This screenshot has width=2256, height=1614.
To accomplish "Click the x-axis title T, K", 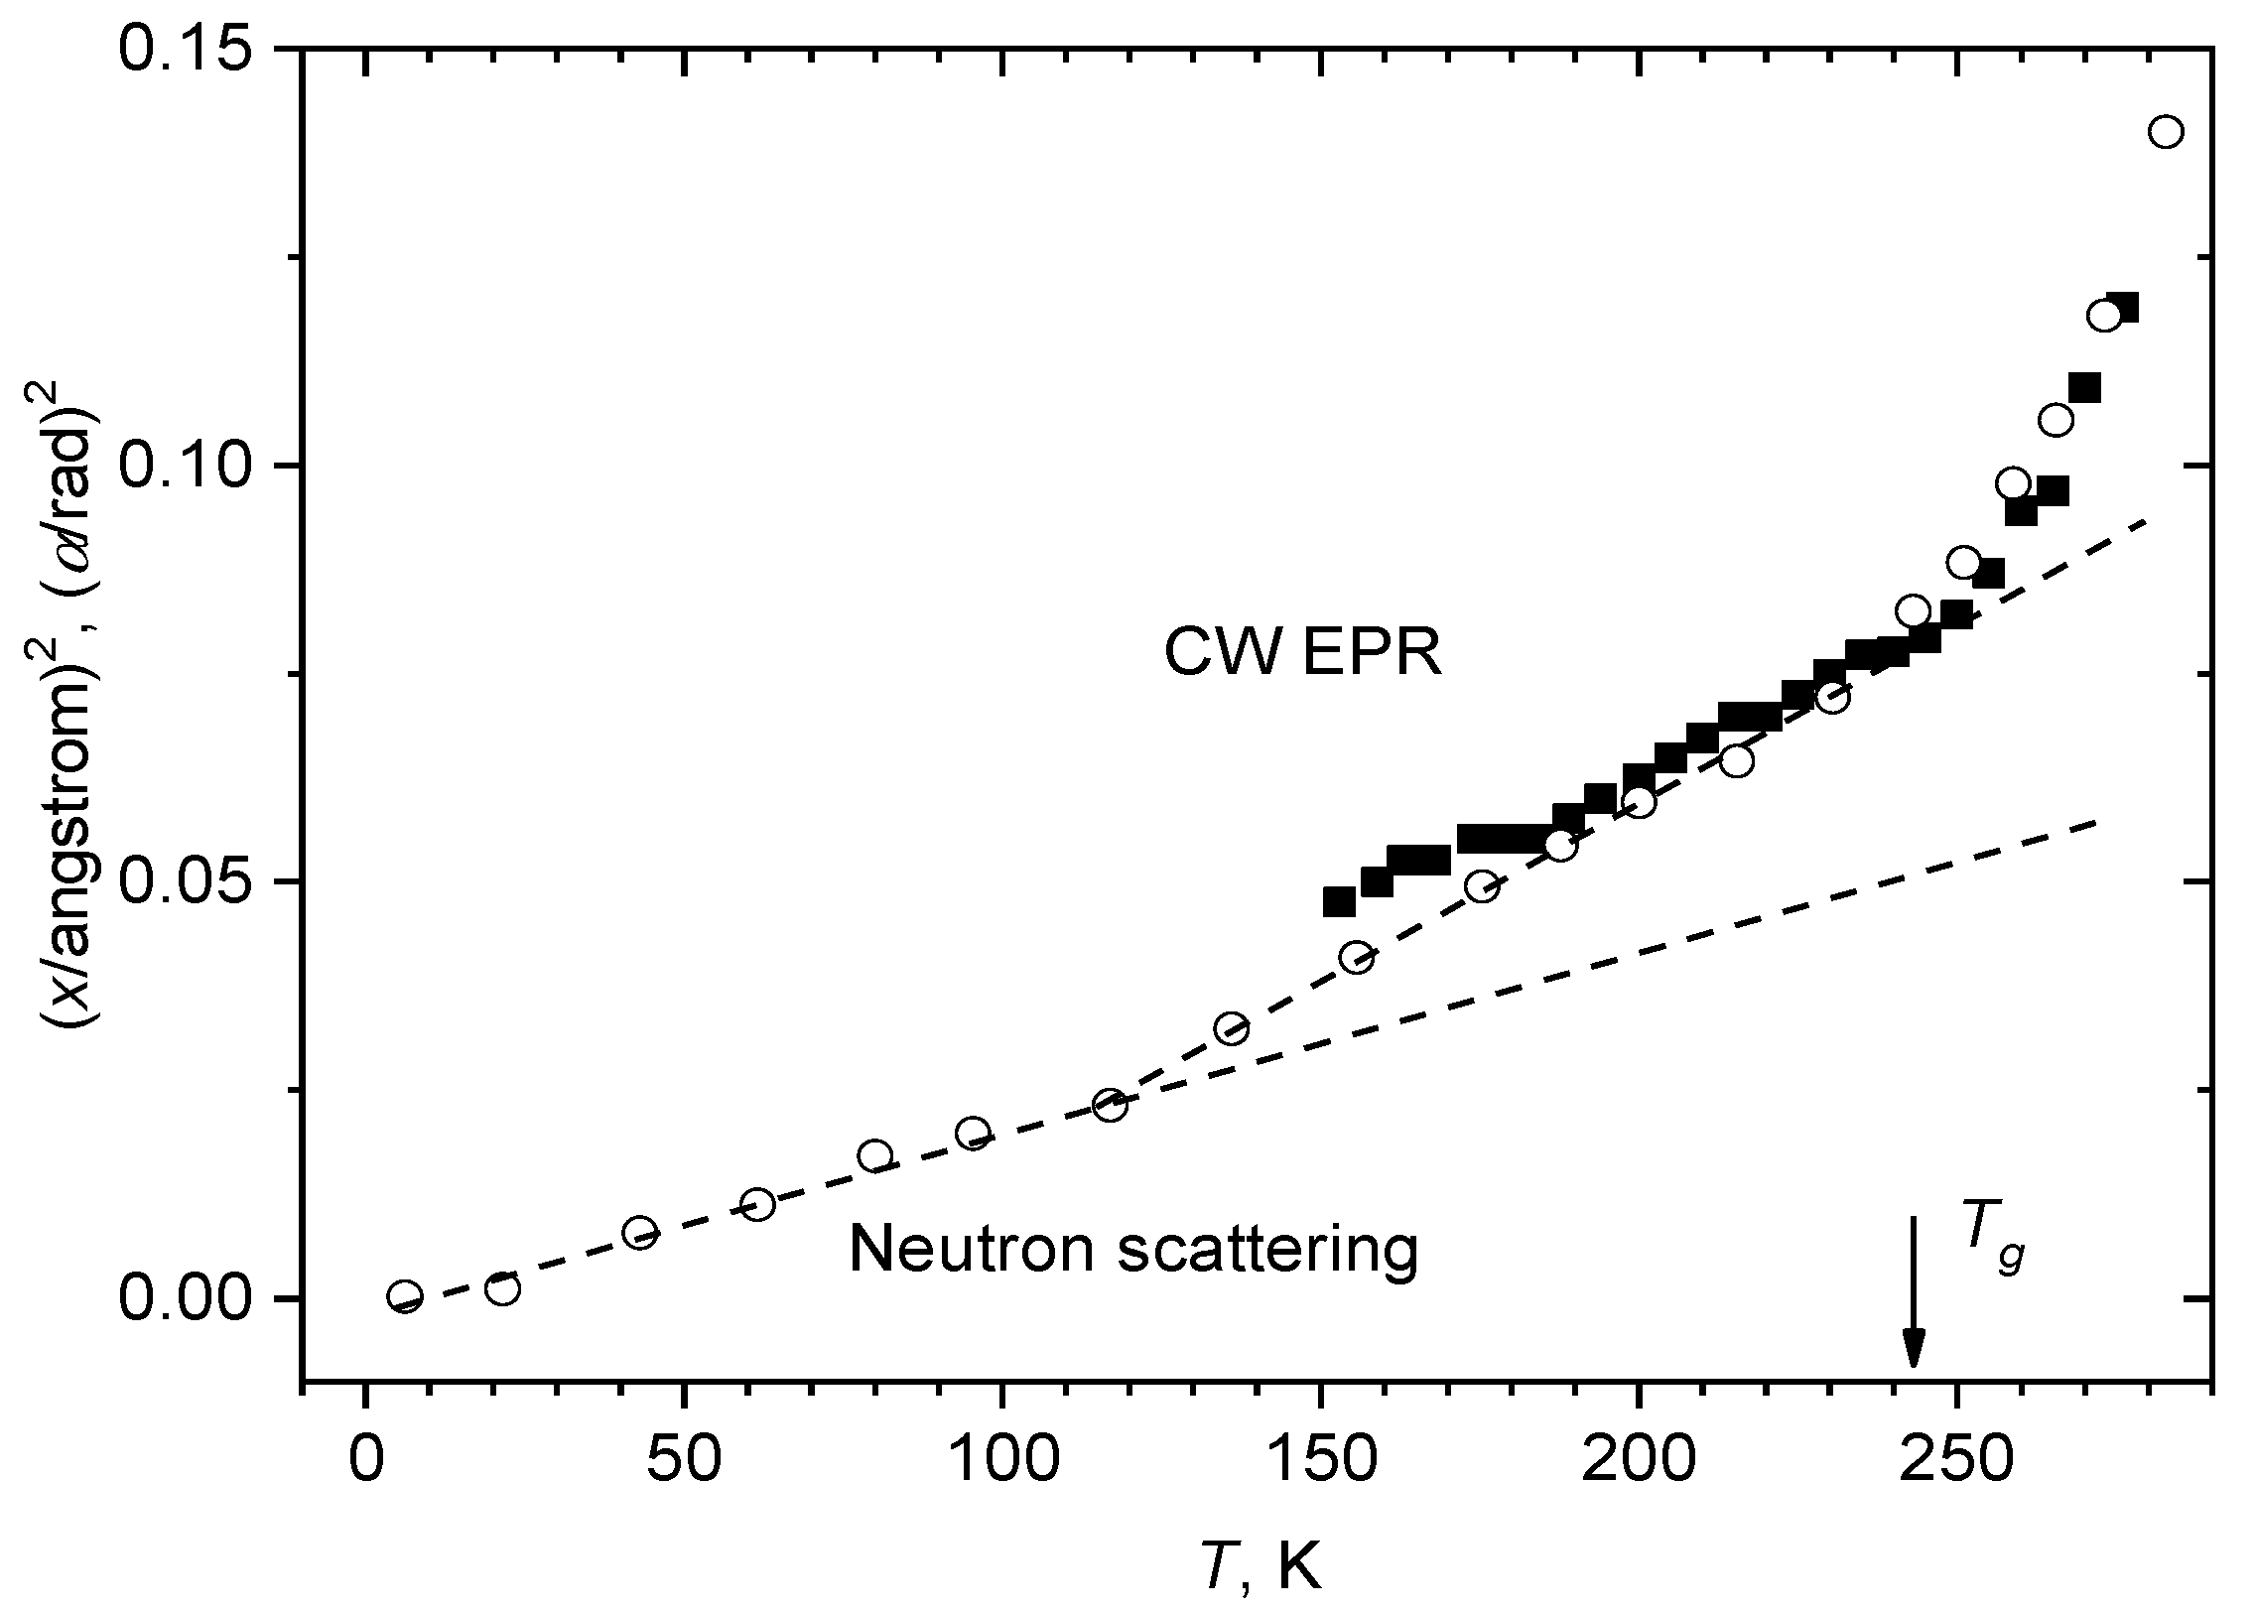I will [x=1261, y=1569].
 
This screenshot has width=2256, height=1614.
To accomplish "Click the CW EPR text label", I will [x=1303, y=655].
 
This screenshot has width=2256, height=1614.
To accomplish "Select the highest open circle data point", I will [x=2166, y=160].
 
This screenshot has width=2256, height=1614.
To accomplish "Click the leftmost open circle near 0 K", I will [x=406, y=1296].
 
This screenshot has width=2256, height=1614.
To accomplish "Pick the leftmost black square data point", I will [x=1339, y=901].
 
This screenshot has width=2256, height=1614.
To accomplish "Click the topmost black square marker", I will [x=2121, y=307].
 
